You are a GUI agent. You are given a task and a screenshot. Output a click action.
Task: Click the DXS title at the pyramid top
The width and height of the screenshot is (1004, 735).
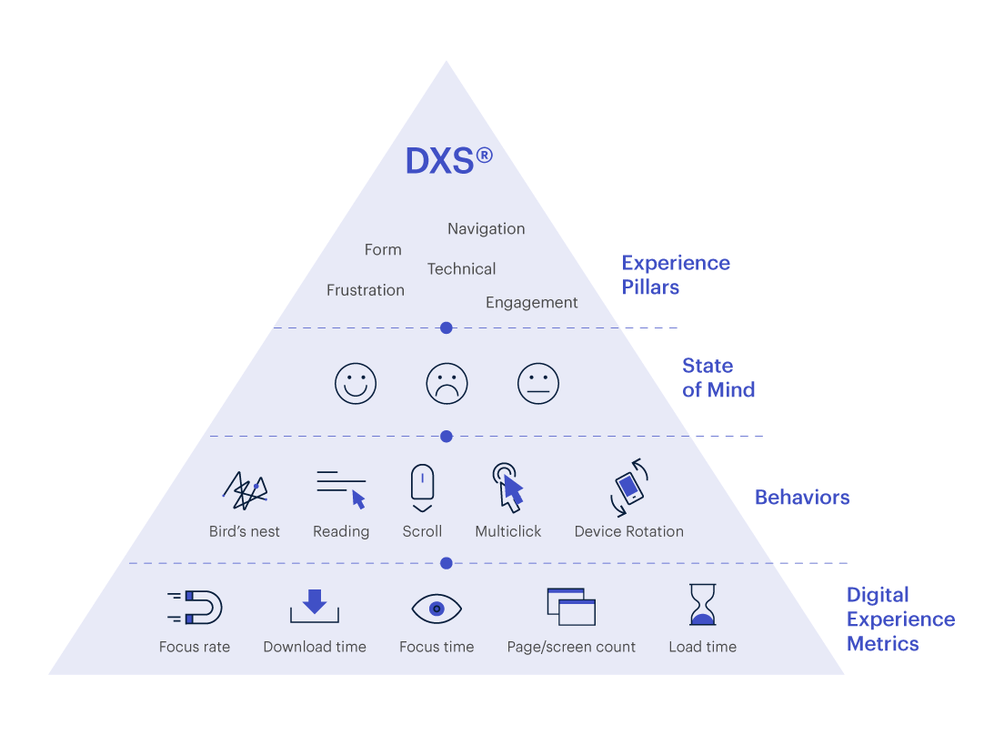click(x=449, y=161)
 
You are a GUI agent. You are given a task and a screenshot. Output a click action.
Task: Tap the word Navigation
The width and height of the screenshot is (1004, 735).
click(x=486, y=229)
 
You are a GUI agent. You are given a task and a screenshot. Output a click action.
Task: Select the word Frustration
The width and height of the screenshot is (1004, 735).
click(x=365, y=290)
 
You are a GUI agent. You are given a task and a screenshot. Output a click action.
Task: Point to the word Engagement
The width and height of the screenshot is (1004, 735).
click(x=531, y=303)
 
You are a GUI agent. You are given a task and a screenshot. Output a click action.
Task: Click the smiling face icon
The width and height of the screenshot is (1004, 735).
click(x=356, y=384)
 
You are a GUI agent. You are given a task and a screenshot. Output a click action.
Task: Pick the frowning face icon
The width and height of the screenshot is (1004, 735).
click(x=447, y=384)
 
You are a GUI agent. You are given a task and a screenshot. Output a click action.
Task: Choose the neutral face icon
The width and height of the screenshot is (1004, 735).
click(x=537, y=384)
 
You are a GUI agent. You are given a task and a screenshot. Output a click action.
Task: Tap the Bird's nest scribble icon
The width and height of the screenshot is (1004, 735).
click(x=246, y=491)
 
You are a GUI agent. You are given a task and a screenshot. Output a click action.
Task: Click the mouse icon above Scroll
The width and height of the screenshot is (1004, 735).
click(x=422, y=488)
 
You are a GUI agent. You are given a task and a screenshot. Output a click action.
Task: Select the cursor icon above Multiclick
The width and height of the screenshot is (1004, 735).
click(x=508, y=488)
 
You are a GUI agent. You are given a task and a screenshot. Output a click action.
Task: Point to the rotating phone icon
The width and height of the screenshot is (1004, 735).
click(x=629, y=488)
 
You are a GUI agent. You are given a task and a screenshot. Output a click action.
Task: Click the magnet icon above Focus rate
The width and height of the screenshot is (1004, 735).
click(x=195, y=607)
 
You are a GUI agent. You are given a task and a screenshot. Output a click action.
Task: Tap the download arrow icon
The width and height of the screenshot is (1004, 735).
click(x=315, y=606)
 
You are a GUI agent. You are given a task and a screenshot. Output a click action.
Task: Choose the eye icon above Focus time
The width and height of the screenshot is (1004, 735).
click(x=437, y=609)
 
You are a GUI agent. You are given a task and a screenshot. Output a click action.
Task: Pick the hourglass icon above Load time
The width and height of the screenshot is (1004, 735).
click(x=702, y=604)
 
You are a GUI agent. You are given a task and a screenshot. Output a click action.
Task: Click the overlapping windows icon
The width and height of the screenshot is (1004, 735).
click(x=571, y=607)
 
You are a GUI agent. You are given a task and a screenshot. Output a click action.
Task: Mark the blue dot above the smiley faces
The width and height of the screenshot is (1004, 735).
click(x=447, y=327)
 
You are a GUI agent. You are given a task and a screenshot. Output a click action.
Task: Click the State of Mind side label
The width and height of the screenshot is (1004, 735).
click(x=718, y=378)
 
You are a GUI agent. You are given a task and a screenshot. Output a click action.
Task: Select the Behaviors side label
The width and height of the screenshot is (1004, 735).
click(x=802, y=498)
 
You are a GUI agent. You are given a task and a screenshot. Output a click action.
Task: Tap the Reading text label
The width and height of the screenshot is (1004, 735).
click(x=341, y=532)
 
